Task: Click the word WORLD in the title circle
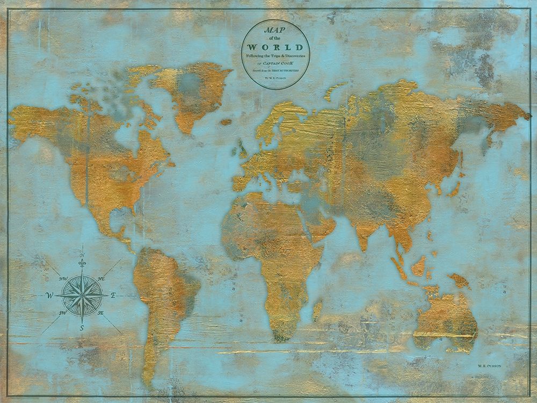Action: pyautogui.click(x=275, y=47)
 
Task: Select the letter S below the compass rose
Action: pyautogui.click(x=82, y=327)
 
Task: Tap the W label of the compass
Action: pyautogui.click(x=49, y=295)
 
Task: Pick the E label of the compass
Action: pyautogui.click(x=113, y=295)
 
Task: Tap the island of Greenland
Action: pyautogui.click(x=191, y=91)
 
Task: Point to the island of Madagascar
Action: pyautogui.click(x=317, y=310)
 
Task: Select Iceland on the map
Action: pyautogui.click(x=226, y=122)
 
